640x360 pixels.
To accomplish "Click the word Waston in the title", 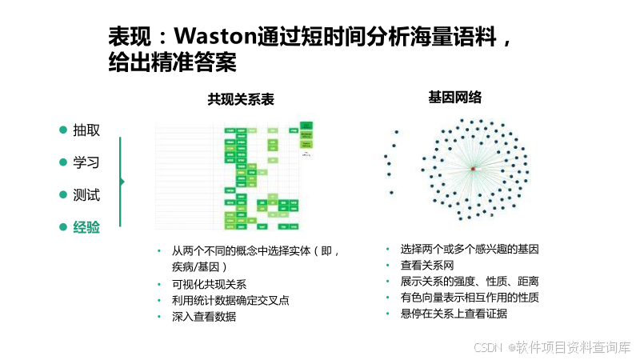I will click(214, 37).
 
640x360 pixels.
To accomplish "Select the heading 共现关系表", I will click(241, 99).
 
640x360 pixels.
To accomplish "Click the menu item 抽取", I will click(86, 130).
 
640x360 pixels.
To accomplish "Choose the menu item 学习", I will click(86, 162).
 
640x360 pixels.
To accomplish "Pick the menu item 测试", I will click(86, 194).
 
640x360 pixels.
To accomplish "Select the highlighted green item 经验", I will click(86, 227).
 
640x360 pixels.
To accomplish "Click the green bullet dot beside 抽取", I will click(63, 130).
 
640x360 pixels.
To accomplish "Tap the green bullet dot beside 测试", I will click(63, 194).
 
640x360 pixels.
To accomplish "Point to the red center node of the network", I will click(473, 170).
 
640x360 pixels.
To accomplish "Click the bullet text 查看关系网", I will click(427, 265).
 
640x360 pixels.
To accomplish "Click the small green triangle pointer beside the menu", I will click(122, 181).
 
